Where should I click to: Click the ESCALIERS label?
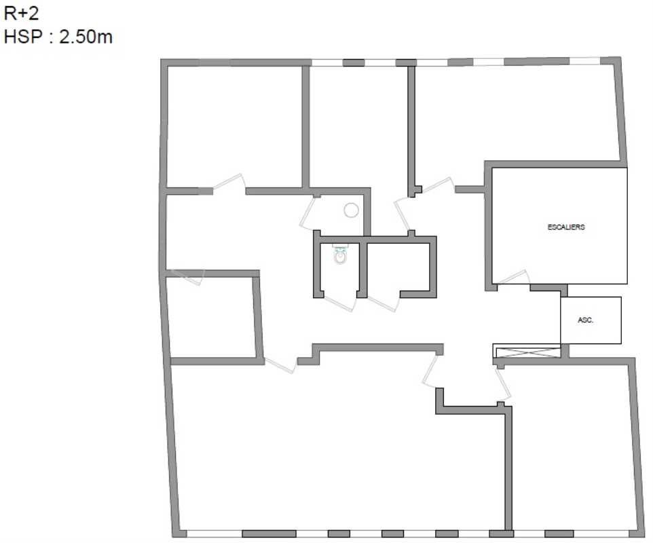click(566, 227)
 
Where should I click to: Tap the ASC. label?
click(585, 320)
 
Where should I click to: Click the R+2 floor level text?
click(21, 14)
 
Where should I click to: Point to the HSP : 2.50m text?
click(58, 37)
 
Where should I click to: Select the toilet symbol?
click(340, 255)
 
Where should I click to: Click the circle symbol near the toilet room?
click(351, 210)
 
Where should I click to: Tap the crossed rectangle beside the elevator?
click(527, 352)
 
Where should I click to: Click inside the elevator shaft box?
click(591, 320)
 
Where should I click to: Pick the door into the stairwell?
click(513, 278)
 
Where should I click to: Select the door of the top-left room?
click(229, 183)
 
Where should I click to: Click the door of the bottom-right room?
click(503, 383)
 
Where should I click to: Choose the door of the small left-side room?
click(186, 277)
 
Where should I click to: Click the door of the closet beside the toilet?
click(384, 303)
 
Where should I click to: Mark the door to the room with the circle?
click(308, 213)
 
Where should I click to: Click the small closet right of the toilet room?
click(398, 267)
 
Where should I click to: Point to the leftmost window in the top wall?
click(327, 63)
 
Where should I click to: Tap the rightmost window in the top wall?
click(584, 61)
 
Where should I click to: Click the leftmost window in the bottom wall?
click(214, 533)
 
